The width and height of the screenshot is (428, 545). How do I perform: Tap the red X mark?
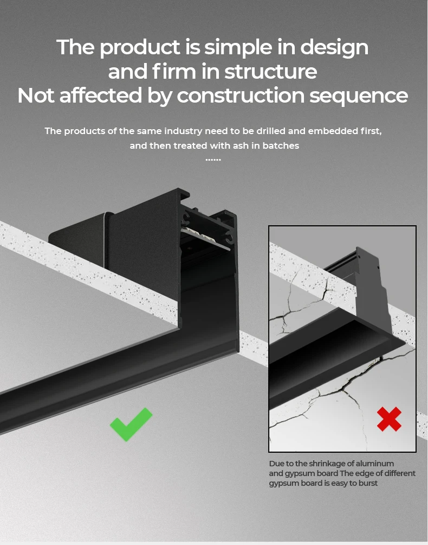tap(389, 419)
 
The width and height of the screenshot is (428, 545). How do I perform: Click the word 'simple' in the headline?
tap(238, 48)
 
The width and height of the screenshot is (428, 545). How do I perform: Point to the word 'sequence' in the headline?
tap(359, 96)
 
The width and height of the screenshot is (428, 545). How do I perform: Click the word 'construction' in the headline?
tap(241, 96)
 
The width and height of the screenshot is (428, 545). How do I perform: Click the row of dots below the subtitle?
tap(213, 160)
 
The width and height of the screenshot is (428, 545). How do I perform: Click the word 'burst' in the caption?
tap(368, 483)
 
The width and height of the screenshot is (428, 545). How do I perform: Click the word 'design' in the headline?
tap(334, 48)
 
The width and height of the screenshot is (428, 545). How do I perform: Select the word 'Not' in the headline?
tap(36, 96)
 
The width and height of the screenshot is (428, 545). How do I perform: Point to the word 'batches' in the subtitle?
tap(281, 145)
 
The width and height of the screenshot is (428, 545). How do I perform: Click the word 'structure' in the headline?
tap(270, 72)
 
